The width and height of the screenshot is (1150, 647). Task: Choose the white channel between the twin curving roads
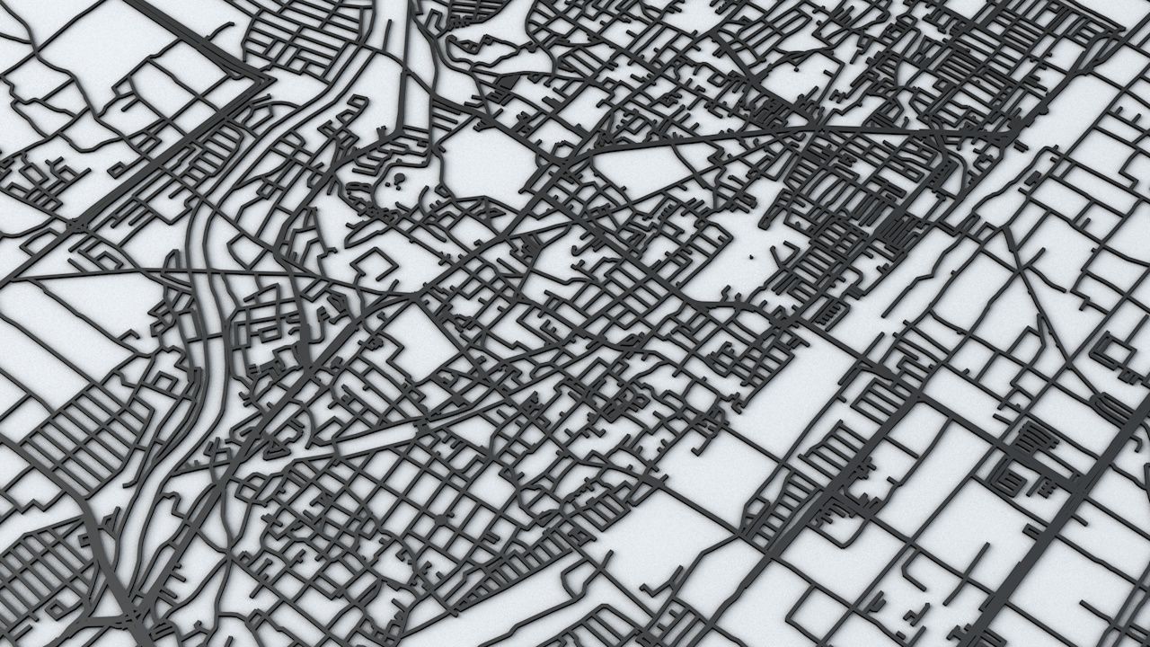(205, 297)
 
